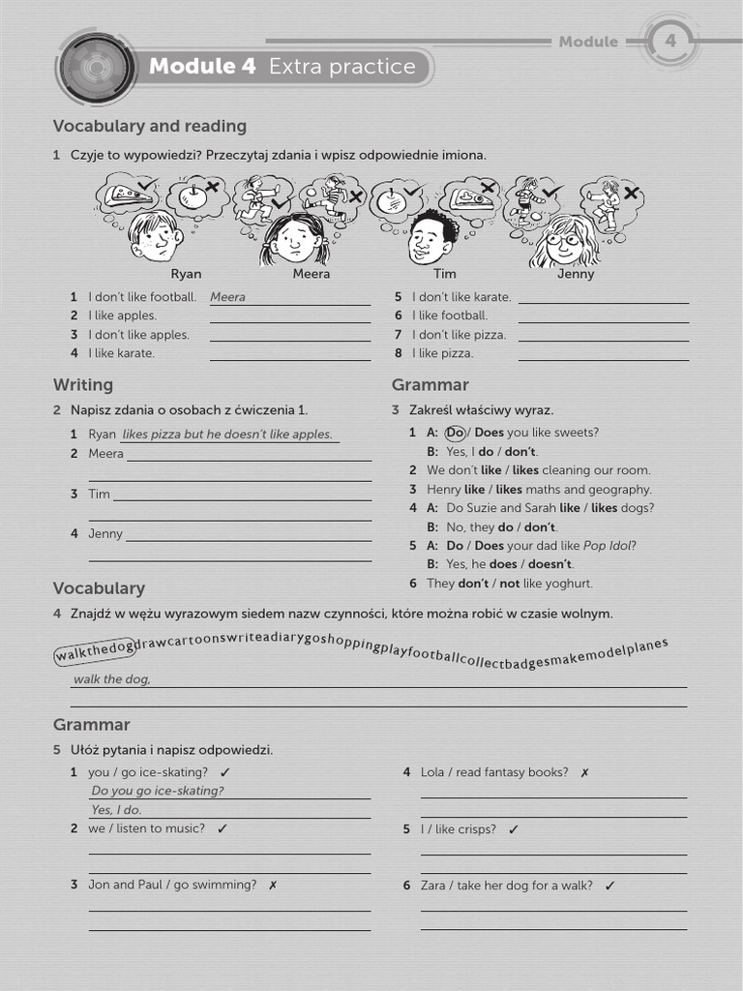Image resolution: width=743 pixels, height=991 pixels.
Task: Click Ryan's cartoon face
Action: pos(155,237)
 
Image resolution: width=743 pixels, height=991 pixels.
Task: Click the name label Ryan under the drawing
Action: pos(186,274)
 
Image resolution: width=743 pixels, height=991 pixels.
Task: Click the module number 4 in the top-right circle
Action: pos(669,41)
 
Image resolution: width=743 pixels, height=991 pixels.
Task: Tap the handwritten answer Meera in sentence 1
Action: pos(227,297)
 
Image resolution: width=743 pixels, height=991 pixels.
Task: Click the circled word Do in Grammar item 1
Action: pos(456,433)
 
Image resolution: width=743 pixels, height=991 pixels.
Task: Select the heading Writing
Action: pos(83,385)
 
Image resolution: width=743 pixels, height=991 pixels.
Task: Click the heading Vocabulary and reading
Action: pos(150,126)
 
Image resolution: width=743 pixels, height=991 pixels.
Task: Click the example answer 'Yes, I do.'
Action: pos(116,810)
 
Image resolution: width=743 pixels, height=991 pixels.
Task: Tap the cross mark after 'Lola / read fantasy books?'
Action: pos(584,772)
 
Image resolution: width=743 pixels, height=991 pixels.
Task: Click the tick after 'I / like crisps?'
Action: pos(513,829)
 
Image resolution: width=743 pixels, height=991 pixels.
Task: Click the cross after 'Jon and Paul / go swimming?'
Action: pos(273,885)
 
